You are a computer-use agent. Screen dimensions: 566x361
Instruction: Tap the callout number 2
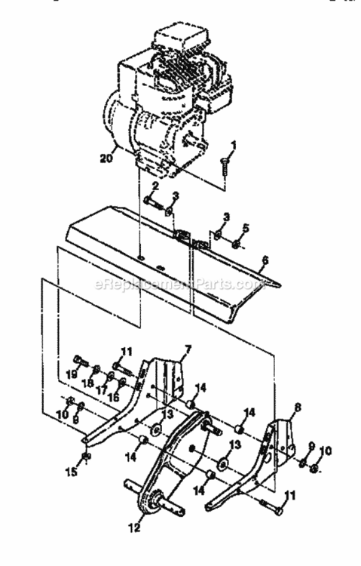[x=154, y=185]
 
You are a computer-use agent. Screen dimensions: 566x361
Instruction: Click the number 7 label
[x=188, y=348]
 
